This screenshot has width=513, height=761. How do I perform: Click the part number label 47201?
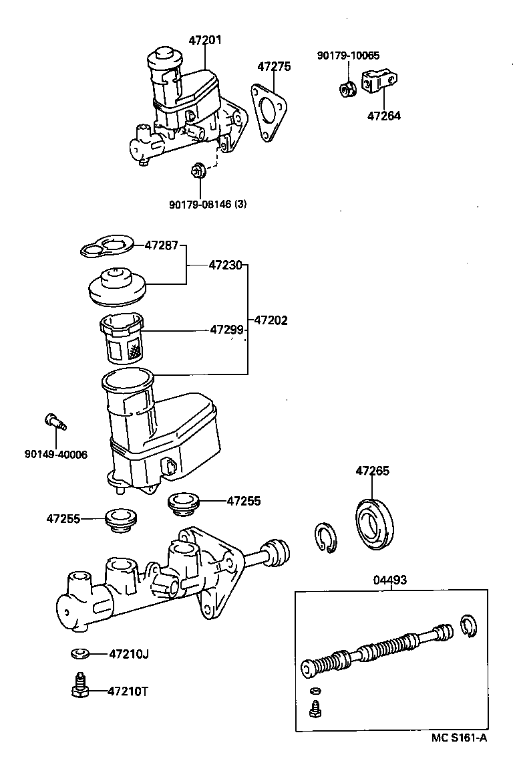(x=204, y=40)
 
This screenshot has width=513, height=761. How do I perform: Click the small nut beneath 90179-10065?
(x=346, y=88)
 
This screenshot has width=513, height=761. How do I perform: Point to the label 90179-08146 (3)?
(x=207, y=205)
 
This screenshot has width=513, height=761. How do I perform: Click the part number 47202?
(x=271, y=320)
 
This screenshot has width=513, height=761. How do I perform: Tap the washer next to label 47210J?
(x=79, y=653)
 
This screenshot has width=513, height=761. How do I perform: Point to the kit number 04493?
(x=389, y=580)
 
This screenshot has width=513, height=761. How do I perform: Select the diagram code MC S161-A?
(x=459, y=738)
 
